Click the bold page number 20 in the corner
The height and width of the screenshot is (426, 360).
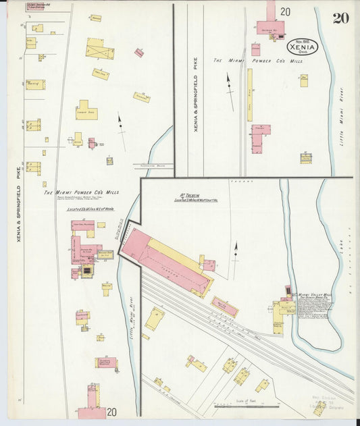(340, 18)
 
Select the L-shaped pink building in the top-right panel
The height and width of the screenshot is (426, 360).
(260, 138)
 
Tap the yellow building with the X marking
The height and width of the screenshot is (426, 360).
(100, 49)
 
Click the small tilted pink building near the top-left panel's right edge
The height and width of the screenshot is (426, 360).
(138, 53)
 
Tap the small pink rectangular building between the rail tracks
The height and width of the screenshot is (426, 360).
(224, 307)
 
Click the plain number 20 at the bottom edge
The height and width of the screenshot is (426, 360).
(111, 412)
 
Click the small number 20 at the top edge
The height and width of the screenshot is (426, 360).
(286, 11)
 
